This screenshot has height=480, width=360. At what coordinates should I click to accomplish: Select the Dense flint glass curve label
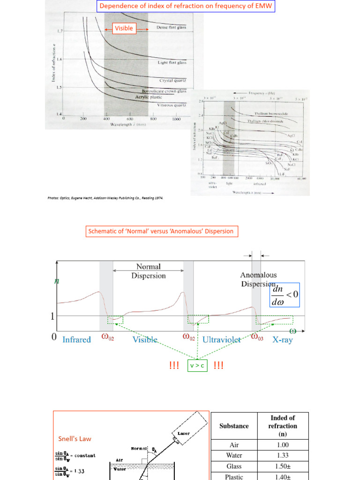point(171,27)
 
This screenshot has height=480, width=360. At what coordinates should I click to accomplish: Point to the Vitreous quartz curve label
point(172,105)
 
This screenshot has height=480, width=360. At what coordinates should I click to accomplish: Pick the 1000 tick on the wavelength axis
point(175,120)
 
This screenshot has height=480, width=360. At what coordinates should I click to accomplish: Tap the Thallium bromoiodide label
point(270,113)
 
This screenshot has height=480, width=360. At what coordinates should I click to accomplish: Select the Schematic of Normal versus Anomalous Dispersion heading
point(160,231)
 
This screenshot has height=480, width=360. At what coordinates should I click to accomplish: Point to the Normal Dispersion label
point(148,271)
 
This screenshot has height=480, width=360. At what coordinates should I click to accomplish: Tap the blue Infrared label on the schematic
point(76,340)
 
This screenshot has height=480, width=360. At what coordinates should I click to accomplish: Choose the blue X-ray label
point(282,340)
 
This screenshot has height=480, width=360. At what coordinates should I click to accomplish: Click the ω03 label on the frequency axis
point(258,337)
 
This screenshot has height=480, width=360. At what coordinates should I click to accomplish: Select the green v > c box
point(197,366)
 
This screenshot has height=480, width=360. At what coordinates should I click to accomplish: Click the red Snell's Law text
point(75,439)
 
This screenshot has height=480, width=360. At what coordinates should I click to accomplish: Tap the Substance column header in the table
point(234,426)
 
